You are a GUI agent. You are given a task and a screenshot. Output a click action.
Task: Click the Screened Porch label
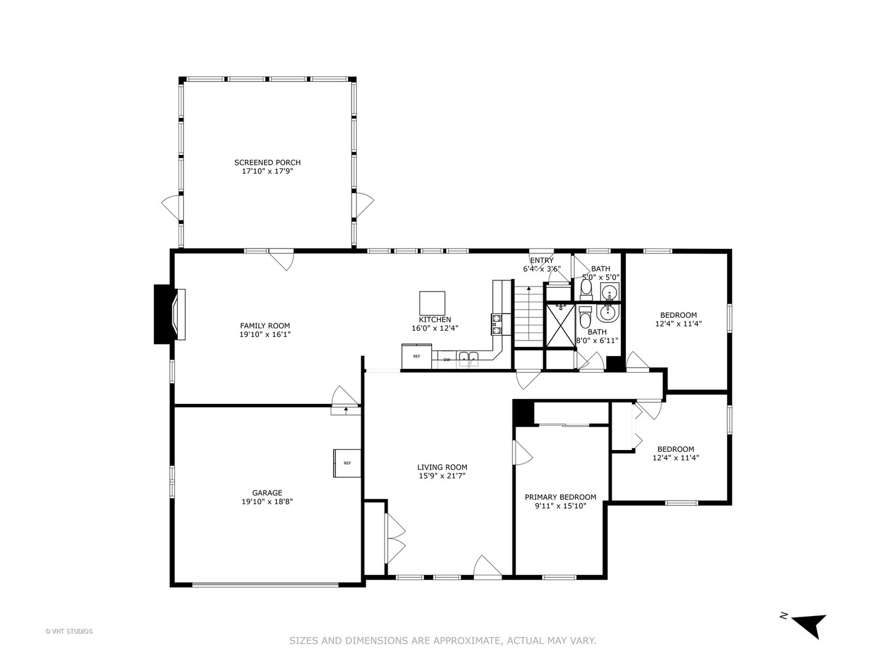point(267,162)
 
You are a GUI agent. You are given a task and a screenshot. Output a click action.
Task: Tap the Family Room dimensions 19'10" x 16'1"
point(265,334)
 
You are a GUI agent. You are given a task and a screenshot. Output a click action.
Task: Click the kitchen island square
point(432,303)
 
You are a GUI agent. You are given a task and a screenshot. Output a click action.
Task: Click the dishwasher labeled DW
point(447,360)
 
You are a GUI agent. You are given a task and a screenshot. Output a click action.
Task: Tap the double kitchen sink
point(469,358)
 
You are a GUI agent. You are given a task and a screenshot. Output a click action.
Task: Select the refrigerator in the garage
point(347,463)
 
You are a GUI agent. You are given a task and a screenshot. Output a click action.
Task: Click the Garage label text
point(267,492)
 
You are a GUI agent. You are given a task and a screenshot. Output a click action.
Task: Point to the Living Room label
point(442,467)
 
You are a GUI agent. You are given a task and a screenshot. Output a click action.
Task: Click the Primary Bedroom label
point(560,497)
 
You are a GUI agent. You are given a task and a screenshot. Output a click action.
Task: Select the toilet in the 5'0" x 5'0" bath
point(586,288)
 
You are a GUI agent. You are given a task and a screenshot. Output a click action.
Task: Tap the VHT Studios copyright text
point(69,631)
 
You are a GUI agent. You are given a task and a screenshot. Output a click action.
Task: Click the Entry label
point(541,260)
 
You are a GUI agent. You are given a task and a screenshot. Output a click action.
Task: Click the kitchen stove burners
point(497,324)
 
